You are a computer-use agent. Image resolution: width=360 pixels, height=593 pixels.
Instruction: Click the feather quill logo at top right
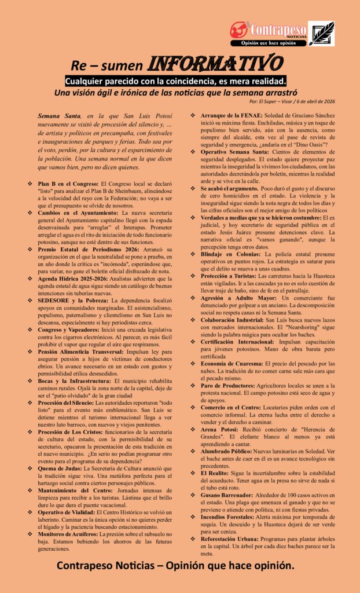[x=321, y=34]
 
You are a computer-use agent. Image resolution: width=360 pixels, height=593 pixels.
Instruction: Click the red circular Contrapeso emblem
[x=239, y=30]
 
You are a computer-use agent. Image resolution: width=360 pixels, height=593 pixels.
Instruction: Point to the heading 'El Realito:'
[x=216, y=474]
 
